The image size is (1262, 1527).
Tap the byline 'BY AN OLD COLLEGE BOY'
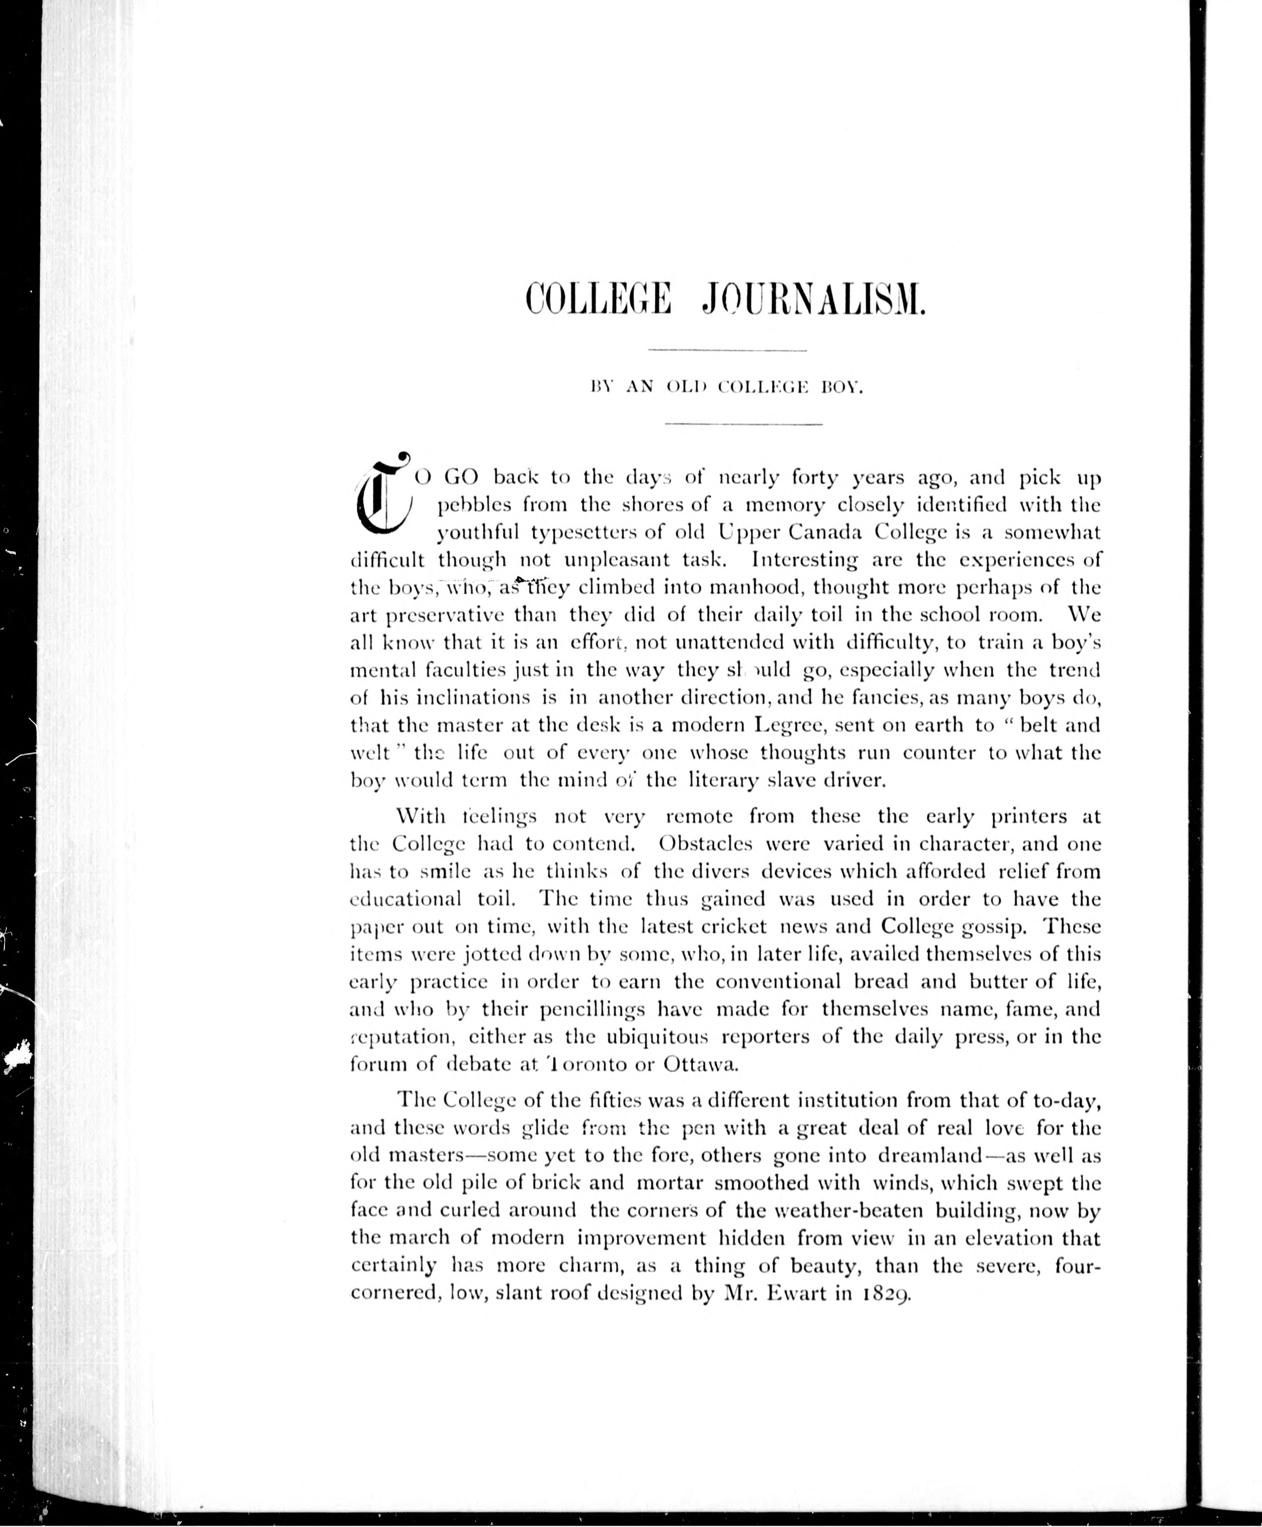[x=728, y=388]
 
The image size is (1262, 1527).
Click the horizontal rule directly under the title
[x=728, y=351]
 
